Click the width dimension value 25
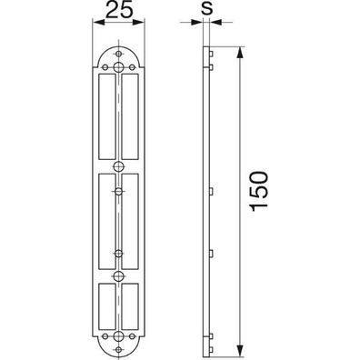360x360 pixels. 119,11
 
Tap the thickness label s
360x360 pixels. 207,9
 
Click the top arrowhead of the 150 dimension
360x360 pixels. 240,52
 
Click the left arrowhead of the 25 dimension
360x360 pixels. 98,22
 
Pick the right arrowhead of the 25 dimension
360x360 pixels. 139,22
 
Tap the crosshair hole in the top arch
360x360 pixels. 119,54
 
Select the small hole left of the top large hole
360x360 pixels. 105,67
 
